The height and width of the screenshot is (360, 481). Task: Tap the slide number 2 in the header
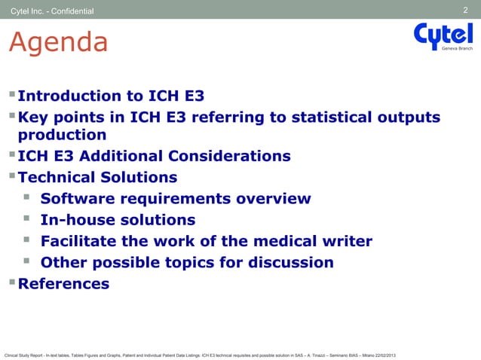tap(466, 10)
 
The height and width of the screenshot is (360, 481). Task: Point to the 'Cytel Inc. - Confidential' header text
tap(52, 11)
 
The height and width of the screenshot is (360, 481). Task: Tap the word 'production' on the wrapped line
tap(62, 136)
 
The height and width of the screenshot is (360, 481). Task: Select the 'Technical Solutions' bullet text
tap(97, 178)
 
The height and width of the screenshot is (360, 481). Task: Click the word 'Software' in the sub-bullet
tap(76, 199)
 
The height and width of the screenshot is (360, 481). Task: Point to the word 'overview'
tap(274, 199)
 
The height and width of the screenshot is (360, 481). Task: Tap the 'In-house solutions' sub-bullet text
tap(118, 221)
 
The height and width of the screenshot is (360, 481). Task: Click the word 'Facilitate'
tap(83, 242)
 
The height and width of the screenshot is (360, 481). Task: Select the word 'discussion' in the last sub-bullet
tap(290, 263)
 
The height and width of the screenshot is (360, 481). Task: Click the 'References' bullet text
tap(63, 284)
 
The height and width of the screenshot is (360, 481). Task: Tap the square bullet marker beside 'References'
tap(11, 283)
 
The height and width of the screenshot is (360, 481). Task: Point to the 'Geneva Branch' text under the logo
tap(458, 48)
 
